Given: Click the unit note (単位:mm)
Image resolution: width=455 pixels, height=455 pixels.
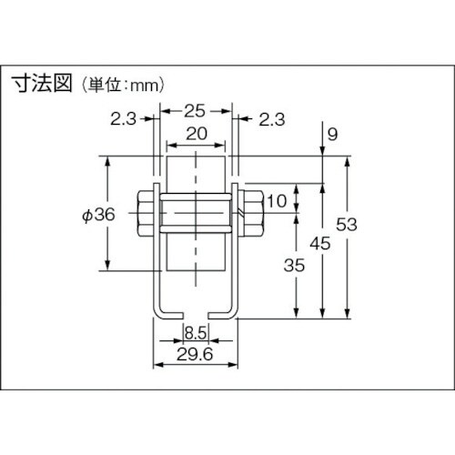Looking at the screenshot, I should click(121, 86).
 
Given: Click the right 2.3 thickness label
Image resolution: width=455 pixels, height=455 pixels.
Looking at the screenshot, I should click(271, 118).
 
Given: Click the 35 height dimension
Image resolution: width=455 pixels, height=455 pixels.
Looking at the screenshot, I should click(292, 267).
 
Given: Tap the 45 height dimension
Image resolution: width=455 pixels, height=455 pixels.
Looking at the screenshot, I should click(319, 244).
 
